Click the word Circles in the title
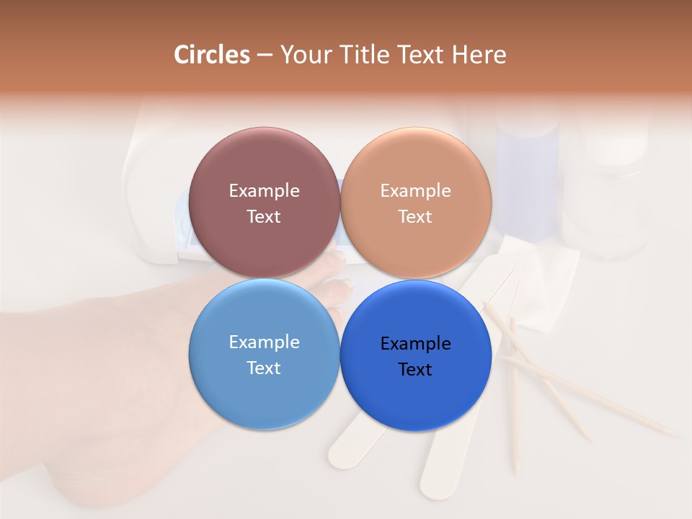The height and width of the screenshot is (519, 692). (x=212, y=55)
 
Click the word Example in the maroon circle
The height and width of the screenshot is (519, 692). (x=264, y=191)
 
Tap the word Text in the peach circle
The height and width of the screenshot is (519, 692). (x=415, y=217)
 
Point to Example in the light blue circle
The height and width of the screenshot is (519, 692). (x=264, y=342)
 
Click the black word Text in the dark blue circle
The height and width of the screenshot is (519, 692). (x=415, y=370)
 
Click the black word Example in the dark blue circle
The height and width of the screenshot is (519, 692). (x=416, y=344)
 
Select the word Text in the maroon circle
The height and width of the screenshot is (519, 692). (x=264, y=217)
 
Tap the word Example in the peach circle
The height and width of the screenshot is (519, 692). (x=416, y=191)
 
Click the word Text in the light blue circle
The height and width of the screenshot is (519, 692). (x=264, y=368)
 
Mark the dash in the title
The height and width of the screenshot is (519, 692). (x=265, y=56)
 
